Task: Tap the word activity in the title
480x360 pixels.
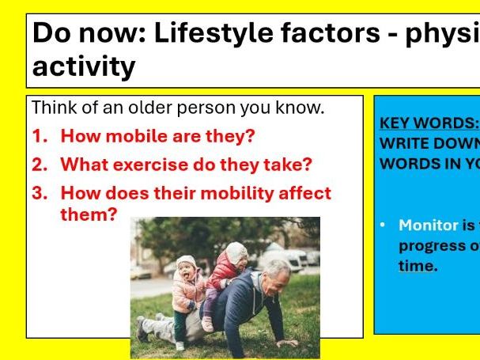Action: pyautogui.click(x=84, y=67)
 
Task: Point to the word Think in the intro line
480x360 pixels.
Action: pyautogui.click(x=53, y=107)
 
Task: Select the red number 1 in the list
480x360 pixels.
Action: pyautogui.click(x=39, y=136)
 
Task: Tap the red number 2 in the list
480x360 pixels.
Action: pyautogui.click(x=39, y=165)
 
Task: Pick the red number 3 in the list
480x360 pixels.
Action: pyautogui.click(x=39, y=193)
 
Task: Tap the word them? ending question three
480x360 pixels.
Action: pyautogui.click(x=89, y=214)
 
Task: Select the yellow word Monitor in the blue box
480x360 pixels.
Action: pyautogui.click(x=429, y=225)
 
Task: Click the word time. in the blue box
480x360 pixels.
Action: pyautogui.click(x=418, y=266)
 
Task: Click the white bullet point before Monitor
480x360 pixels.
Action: pyautogui.click(x=384, y=225)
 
